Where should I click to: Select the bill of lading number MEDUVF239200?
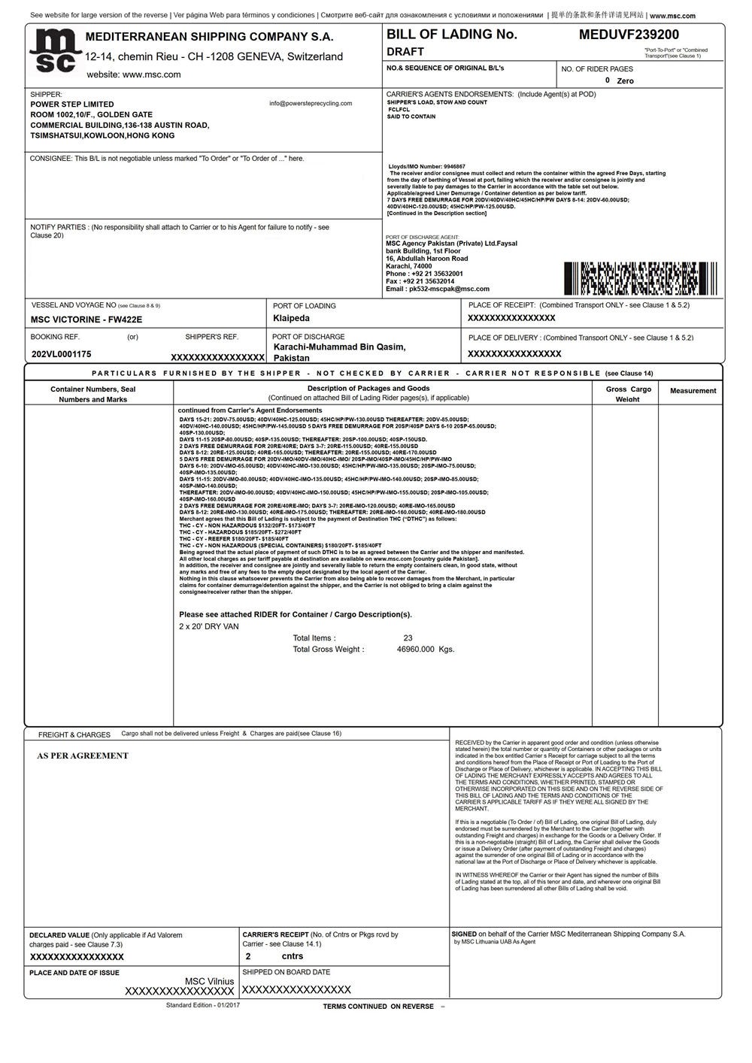click(629, 35)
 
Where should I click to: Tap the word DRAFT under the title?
click(405, 52)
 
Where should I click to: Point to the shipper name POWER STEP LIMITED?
click(72, 104)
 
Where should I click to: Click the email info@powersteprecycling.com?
click(311, 104)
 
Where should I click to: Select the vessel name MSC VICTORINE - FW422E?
click(86, 320)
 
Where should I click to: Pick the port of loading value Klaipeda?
click(291, 319)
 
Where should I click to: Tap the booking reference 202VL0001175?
click(62, 354)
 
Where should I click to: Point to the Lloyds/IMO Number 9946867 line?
click(427, 167)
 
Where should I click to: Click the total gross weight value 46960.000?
click(416, 650)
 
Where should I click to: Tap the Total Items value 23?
click(408, 638)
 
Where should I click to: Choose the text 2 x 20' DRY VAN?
click(209, 626)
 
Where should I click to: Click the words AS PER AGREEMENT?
click(83, 756)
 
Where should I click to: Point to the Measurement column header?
click(693, 391)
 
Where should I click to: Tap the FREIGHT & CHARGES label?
click(74, 734)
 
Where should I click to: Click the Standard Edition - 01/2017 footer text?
click(203, 1005)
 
